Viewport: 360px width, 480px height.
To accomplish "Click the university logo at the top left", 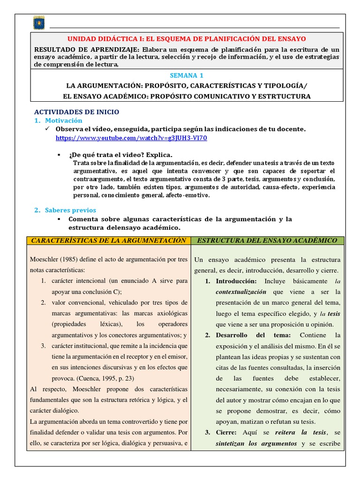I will (38, 22).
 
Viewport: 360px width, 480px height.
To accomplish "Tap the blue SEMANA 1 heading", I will (187, 75).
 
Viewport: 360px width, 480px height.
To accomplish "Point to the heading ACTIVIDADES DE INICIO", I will (77, 112).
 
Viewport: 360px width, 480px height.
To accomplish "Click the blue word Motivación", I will (63, 120).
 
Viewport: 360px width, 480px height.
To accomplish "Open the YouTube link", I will (131, 138).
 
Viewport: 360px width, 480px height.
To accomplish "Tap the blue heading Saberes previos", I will (70, 210).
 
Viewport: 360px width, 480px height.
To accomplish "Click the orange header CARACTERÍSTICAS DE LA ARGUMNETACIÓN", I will (108, 240).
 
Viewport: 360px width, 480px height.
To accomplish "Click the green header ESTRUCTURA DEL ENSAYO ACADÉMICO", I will (268, 240).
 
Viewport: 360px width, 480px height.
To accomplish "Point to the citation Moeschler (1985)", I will (53, 259).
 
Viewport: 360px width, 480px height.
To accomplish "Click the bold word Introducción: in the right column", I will (236, 281).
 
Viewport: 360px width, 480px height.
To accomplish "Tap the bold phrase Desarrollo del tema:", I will (253, 335).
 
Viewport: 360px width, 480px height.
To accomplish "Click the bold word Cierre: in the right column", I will (227, 432).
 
